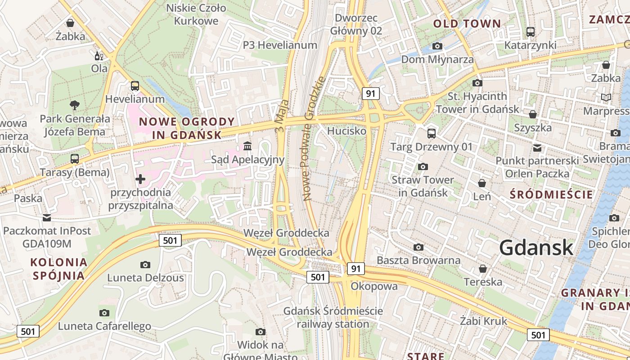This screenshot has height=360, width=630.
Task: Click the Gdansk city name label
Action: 536,247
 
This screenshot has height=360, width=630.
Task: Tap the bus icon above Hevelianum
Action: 135,86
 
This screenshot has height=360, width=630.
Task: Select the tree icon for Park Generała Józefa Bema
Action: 75,105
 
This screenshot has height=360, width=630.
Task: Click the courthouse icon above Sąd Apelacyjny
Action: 247,146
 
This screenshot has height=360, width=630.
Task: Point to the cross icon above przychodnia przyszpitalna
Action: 140,179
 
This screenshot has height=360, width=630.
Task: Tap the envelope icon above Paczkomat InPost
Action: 47,218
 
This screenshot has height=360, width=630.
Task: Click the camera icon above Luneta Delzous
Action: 145,265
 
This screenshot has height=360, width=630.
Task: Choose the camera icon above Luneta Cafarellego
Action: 104,313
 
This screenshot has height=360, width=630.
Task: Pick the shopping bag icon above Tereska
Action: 483,269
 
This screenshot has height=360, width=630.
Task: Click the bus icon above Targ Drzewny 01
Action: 431,133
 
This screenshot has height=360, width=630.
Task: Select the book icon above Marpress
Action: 606,97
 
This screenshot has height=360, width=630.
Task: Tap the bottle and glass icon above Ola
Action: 99,56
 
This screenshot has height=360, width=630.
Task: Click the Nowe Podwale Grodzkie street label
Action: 314,139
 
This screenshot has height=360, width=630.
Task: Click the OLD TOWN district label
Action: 467,24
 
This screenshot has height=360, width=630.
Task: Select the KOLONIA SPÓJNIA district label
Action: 58,269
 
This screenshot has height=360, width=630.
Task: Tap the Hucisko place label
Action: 346,131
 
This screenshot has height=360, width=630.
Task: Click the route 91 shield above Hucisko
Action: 371,94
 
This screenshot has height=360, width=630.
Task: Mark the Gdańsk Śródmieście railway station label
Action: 333,317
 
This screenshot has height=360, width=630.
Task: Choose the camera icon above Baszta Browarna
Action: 418,247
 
